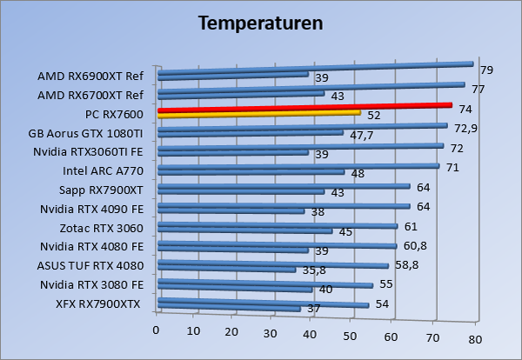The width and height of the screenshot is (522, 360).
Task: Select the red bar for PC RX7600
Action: pyautogui.click(x=304, y=108)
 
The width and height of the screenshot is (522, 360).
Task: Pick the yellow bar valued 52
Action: pyautogui.click(x=258, y=113)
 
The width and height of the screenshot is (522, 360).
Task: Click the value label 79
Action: pyautogui.click(x=487, y=70)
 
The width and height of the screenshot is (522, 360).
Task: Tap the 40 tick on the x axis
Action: pyautogui.click(x=312, y=333)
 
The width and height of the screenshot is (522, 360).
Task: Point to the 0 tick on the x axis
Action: pyautogui.click(x=157, y=330)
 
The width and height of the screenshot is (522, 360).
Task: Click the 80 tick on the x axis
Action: pyautogui.click(x=475, y=337)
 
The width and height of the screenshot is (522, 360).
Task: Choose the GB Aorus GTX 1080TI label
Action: pyautogui.click(x=91, y=133)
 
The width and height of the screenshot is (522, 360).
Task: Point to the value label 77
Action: pyautogui.click(x=478, y=88)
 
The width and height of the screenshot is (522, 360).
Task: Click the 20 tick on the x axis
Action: pyautogui.click(x=232, y=332)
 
